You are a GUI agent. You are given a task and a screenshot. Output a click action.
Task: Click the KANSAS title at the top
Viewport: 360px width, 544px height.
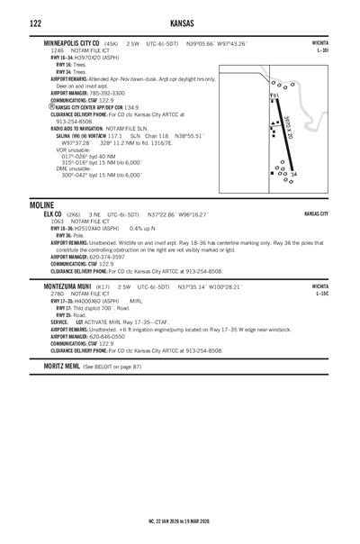[180, 21]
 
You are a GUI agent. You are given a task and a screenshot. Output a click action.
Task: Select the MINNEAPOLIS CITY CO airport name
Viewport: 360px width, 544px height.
[71, 43]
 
